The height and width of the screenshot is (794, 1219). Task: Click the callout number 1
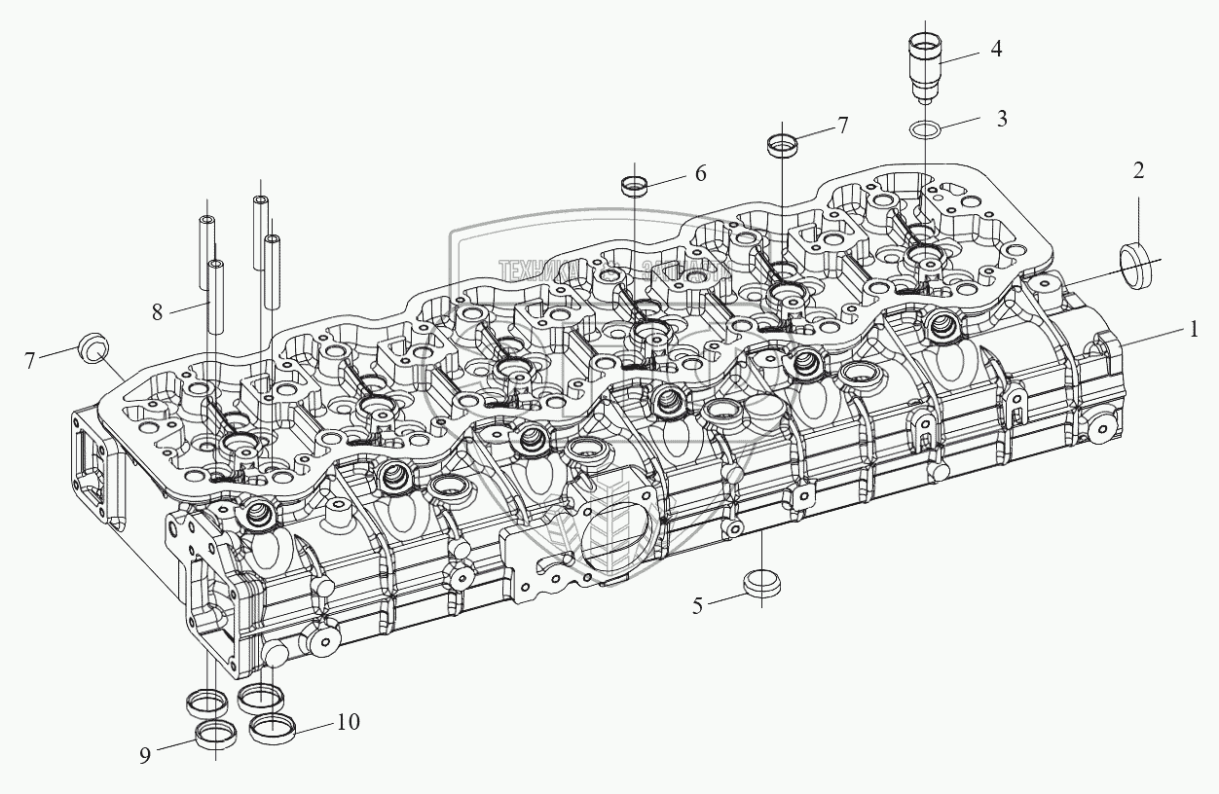coord(1192,330)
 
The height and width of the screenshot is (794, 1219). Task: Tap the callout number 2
coord(1138,171)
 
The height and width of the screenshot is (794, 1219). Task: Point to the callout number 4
coord(996,49)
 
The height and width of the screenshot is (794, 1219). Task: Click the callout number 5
coord(697,605)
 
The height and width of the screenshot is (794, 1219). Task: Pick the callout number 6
coord(700,173)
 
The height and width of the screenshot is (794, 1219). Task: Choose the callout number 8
coord(157,311)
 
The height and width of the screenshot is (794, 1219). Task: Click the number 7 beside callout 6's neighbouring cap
coord(842,125)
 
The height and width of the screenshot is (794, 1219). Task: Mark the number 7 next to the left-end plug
coord(30,360)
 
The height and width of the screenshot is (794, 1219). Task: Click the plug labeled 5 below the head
coord(761,582)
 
